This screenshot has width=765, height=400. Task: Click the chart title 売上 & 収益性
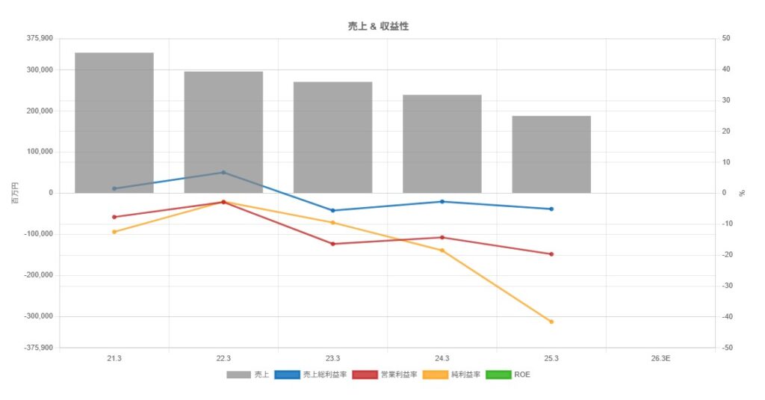tap(378, 26)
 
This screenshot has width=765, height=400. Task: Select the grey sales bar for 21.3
tap(114, 123)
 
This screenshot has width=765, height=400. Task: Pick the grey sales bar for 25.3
tap(551, 154)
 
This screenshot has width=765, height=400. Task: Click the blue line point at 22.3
tap(223, 173)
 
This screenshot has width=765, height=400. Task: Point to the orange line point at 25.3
tap(551, 321)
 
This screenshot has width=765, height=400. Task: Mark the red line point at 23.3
tap(332, 244)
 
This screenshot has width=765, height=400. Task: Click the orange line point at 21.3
tap(114, 232)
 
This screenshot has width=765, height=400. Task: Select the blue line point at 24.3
tap(442, 202)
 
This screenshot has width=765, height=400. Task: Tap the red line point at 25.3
tap(551, 254)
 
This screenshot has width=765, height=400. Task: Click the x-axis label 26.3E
tap(660, 359)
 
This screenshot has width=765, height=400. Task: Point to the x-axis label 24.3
tap(442, 359)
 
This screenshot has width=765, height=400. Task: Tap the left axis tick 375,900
tap(40, 38)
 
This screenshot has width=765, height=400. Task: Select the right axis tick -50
tap(726, 348)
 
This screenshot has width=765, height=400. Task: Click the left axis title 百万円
tap(14, 193)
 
